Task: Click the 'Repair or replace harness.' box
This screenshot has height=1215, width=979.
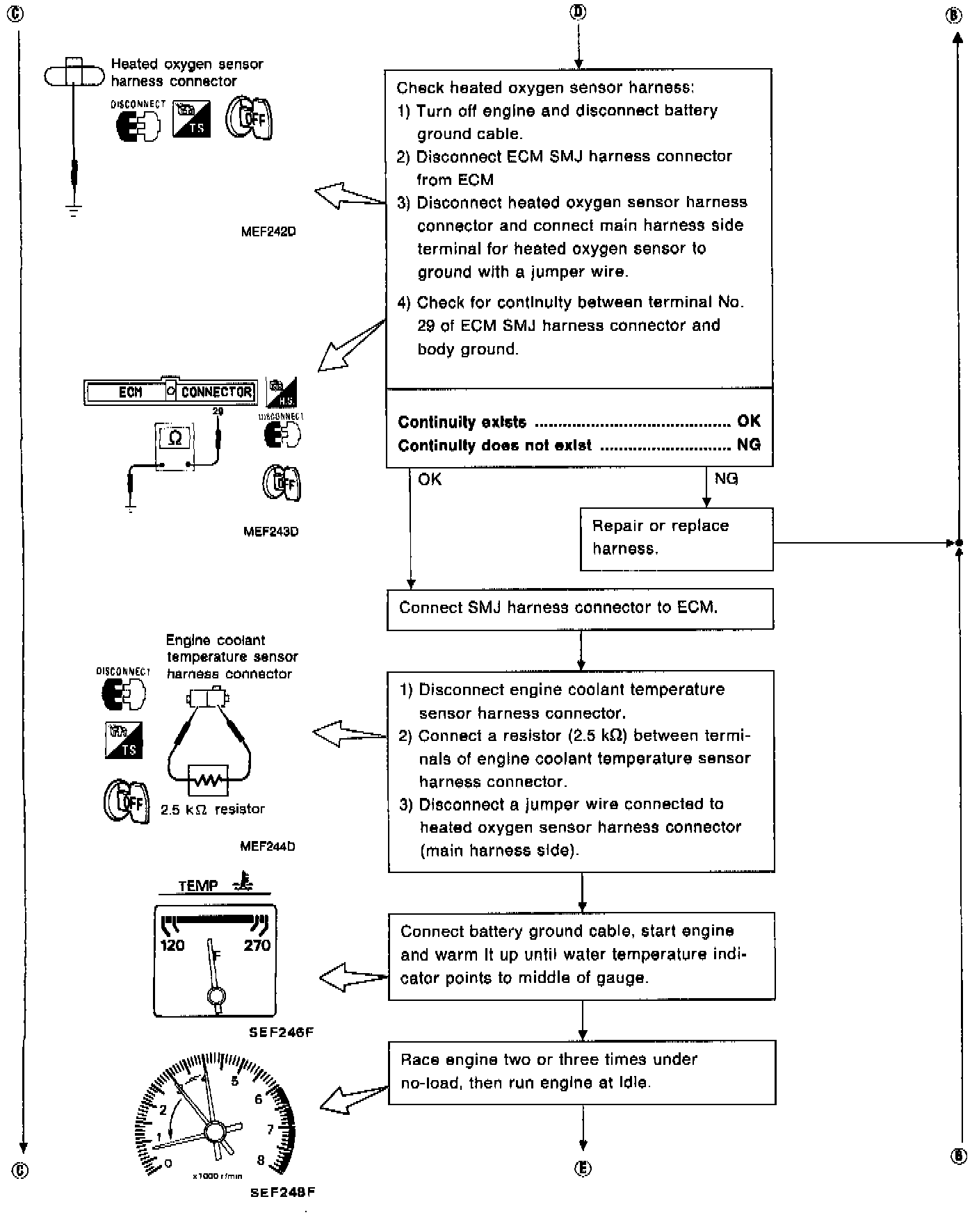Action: pyautogui.click(x=676, y=539)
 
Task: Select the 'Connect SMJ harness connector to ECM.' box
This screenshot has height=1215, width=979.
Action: pyautogui.click(x=580, y=609)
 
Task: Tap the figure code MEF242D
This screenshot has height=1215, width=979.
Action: pyautogui.click(x=268, y=232)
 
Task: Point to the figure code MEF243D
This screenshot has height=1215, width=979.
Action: pyautogui.click(x=270, y=532)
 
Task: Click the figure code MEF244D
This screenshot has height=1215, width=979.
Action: pyautogui.click(x=268, y=847)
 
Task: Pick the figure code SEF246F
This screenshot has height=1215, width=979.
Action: pyautogui.click(x=281, y=1033)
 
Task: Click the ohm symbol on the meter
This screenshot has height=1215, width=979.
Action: pyautogui.click(x=175, y=438)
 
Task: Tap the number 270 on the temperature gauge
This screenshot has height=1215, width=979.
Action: pyautogui.click(x=257, y=945)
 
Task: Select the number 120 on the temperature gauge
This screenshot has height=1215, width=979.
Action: pyautogui.click(x=172, y=945)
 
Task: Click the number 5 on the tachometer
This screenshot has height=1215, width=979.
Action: pyautogui.click(x=235, y=1082)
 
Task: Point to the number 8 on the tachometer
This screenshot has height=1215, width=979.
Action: pyautogui.click(x=261, y=1160)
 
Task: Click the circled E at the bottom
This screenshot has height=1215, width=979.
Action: pyautogui.click(x=583, y=1169)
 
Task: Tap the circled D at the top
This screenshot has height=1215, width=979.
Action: pyautogui.click(x=578, y=12)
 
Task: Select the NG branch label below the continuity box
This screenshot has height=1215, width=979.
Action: pyautogui.click(x=726, y=479)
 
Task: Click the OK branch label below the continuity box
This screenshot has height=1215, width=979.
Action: pyautogui.click(x=430, y=479)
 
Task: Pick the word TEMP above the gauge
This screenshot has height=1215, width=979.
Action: pyautogui.click(x=198, y=886)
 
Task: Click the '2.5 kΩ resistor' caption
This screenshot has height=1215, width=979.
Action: pyautogui.click(x=213, y=810)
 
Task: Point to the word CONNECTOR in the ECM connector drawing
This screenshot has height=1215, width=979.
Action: pyautogui.click(x=216, y=392)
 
